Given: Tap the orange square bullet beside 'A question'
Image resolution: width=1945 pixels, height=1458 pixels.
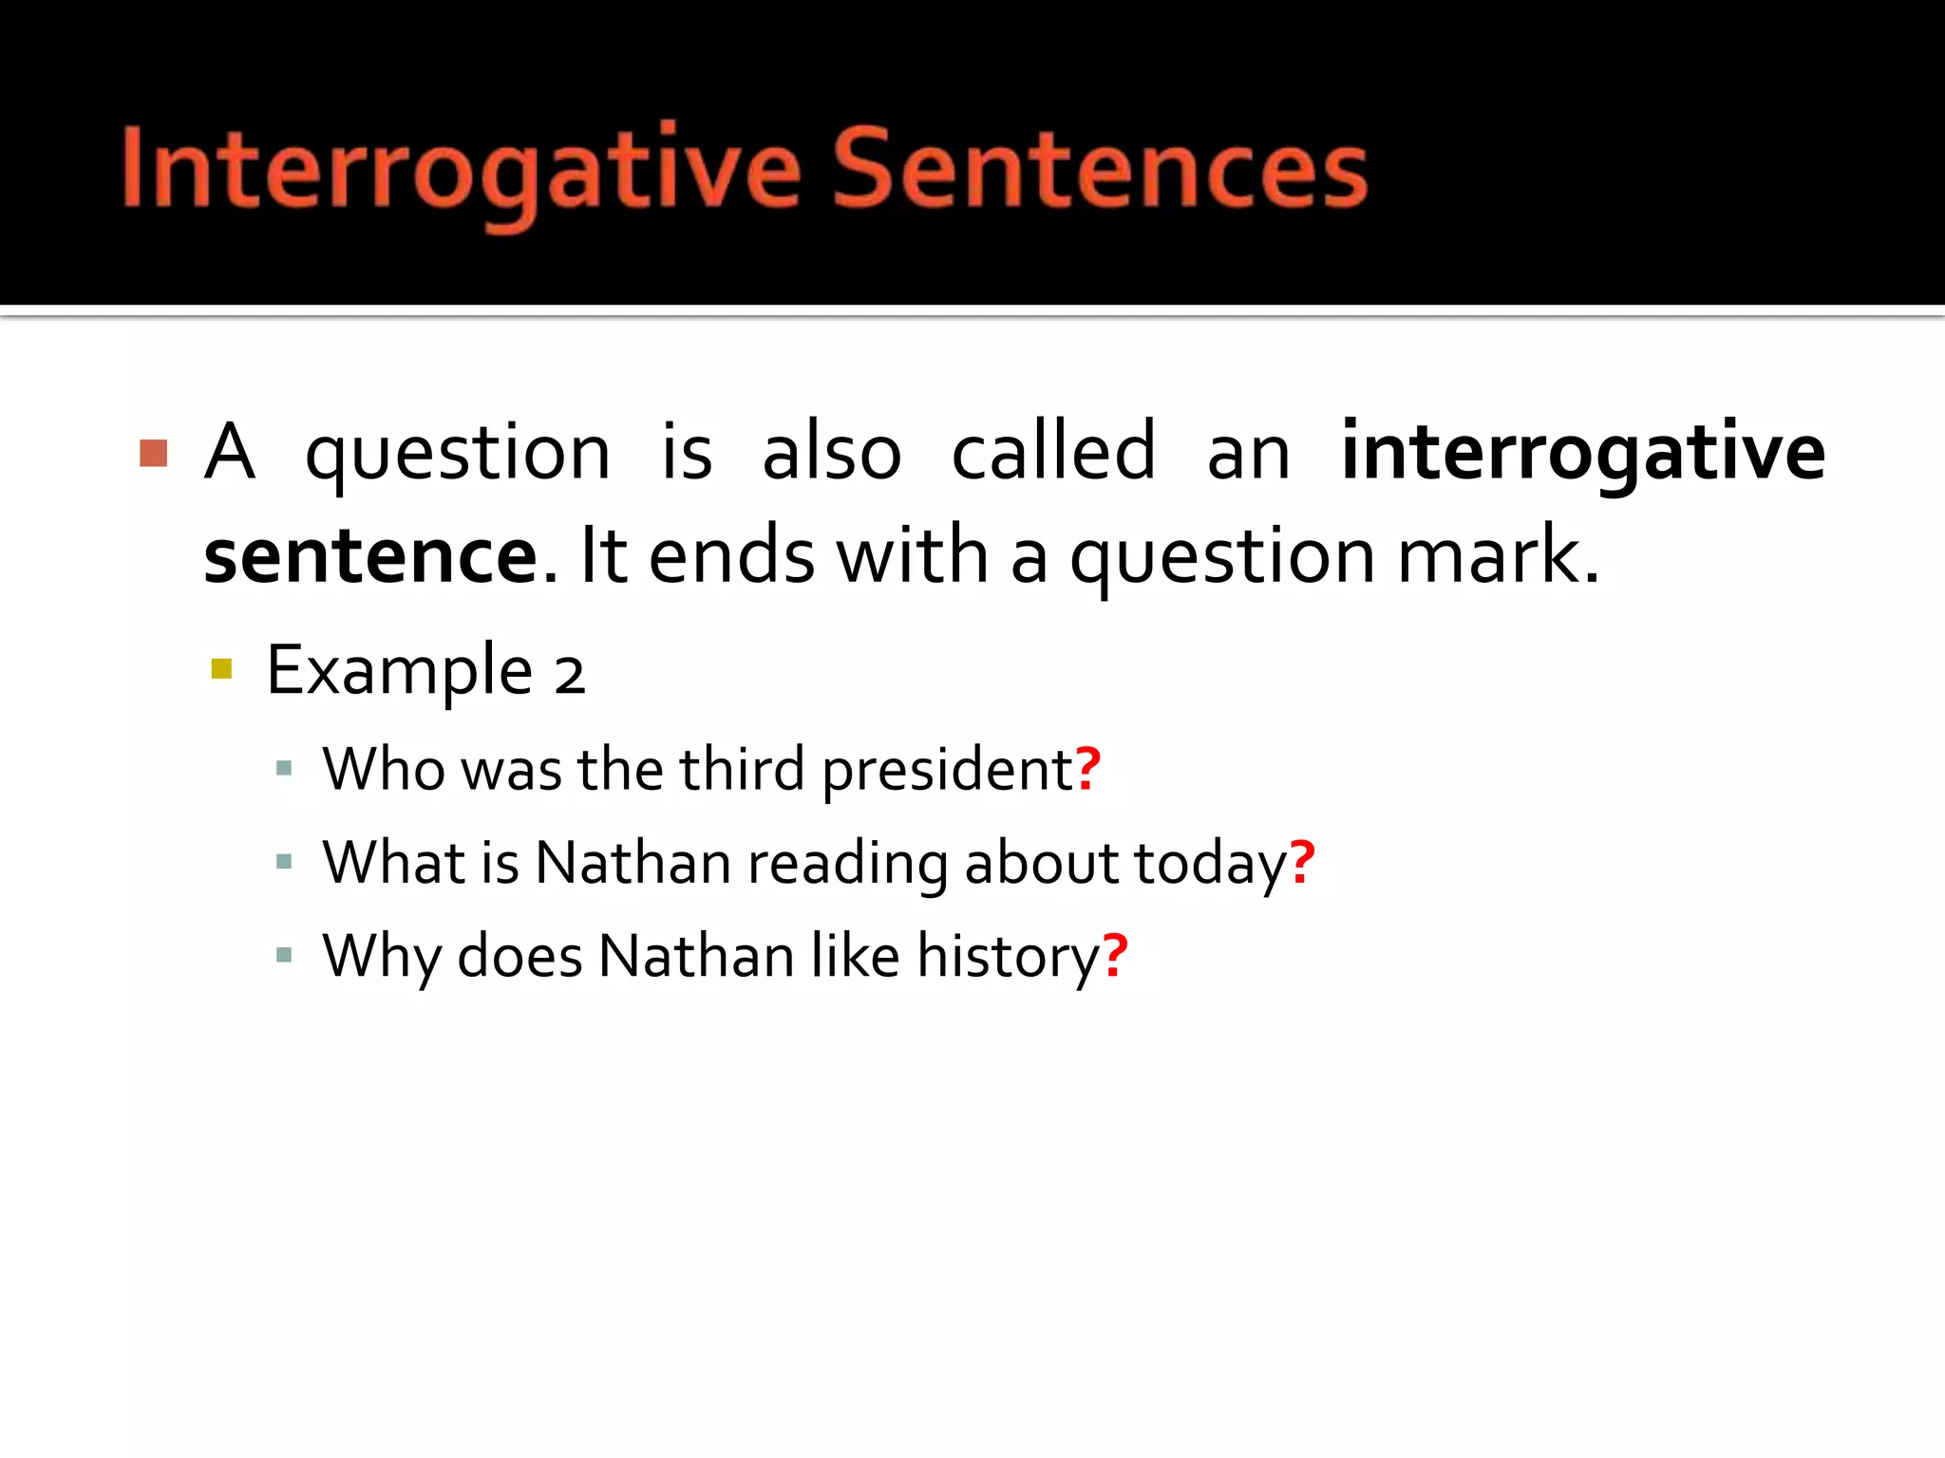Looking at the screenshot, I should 154,453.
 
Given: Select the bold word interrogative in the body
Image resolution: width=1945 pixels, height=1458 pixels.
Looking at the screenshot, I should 1581,453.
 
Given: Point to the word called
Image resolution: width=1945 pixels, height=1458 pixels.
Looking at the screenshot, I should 1053,453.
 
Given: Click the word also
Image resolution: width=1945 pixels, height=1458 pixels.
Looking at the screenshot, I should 831,453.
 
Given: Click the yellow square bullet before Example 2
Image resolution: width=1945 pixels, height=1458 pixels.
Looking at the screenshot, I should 221,669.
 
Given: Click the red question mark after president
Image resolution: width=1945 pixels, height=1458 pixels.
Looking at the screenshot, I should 1088,768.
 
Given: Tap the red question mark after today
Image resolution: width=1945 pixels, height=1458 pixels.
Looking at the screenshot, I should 1302,862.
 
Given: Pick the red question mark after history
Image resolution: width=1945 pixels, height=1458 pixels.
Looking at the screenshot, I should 1115,955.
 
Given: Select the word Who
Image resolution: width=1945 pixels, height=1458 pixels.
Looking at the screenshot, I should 384,768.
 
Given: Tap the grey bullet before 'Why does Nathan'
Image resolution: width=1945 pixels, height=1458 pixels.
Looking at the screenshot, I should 283,955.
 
